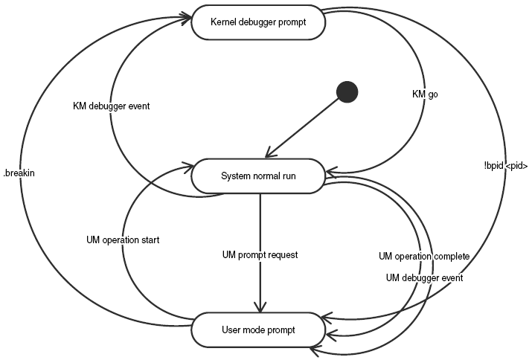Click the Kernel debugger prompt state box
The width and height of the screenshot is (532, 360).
[258, 22]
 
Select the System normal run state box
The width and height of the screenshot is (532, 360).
[258, 176]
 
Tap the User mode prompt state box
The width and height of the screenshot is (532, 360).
[258, 329]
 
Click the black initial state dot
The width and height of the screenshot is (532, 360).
[347, 92]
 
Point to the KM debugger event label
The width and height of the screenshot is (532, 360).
[111, 106]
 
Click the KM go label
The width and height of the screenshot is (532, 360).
[425, 95]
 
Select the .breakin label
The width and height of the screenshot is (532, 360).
[19, 173]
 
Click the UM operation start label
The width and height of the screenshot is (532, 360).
[124, 240]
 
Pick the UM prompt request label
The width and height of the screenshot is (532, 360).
[260, 255]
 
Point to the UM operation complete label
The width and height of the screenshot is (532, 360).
[424, 257]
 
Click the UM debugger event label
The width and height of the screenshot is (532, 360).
[425, 277]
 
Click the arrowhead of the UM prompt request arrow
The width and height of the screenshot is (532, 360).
[260, 308]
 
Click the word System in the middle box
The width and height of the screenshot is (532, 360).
[236, 176]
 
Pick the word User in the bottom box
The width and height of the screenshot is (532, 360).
[231, 329]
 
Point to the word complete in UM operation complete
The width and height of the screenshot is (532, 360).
[452, 257]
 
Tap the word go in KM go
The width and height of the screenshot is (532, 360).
[433, 95]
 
